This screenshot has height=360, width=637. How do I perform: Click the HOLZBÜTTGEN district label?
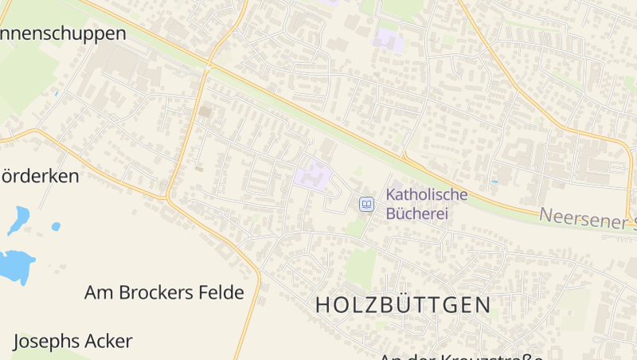point(403,304)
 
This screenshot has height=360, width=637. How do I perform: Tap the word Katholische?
point(427,194)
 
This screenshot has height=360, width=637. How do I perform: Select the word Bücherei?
point(417,213)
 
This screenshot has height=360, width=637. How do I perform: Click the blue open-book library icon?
point(366,205)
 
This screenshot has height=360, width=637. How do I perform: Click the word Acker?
point(111,342)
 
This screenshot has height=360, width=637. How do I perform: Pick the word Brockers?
point(156,292)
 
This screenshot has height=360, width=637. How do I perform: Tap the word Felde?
point(221,292)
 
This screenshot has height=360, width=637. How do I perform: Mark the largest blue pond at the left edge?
point(16,265)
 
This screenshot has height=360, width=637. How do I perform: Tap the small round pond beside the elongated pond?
point(56,227)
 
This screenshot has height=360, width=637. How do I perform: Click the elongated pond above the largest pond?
point(18,219)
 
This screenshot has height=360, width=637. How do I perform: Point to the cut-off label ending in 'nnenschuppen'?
point(63,33)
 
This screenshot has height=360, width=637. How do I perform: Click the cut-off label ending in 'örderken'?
point(40,176)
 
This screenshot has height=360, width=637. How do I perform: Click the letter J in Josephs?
point(18,342)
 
